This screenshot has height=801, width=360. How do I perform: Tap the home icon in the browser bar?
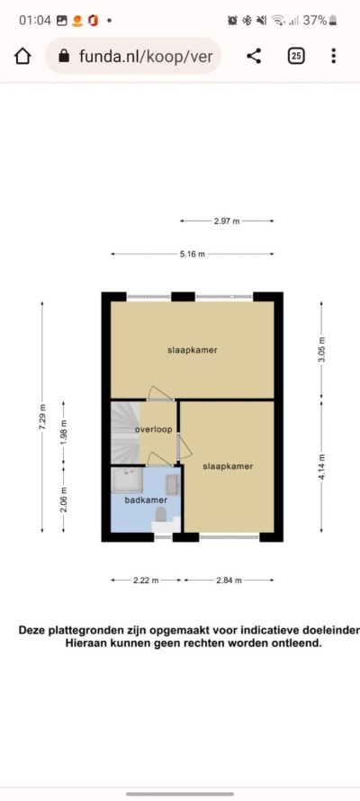[22, 56]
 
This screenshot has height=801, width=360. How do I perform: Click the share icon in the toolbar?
[254, 56]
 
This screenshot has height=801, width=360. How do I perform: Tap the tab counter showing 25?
[296, 56]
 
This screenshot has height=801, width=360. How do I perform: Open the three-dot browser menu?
[333, 56]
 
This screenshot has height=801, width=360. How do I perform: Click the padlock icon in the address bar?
[64, 56]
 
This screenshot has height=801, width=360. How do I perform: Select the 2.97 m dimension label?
[227, 221]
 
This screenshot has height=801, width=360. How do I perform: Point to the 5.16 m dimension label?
[192, 254]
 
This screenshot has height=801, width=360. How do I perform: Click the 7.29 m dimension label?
[42, 417]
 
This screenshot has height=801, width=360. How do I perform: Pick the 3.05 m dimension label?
[321, 350]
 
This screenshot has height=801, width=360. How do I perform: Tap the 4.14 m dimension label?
[321, 466]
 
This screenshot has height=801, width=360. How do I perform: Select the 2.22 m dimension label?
[146, 580]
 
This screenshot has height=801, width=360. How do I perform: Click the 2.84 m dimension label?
[229, 580]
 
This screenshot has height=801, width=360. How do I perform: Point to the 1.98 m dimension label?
[63, 432]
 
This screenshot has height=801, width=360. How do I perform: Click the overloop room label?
[153, 429]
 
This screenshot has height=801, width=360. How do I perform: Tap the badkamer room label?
[143, 500]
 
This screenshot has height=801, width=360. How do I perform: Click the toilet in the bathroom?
[161, 514]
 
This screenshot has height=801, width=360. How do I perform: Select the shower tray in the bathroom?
[127, 481]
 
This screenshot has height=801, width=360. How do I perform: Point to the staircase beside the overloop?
[124, 432]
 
